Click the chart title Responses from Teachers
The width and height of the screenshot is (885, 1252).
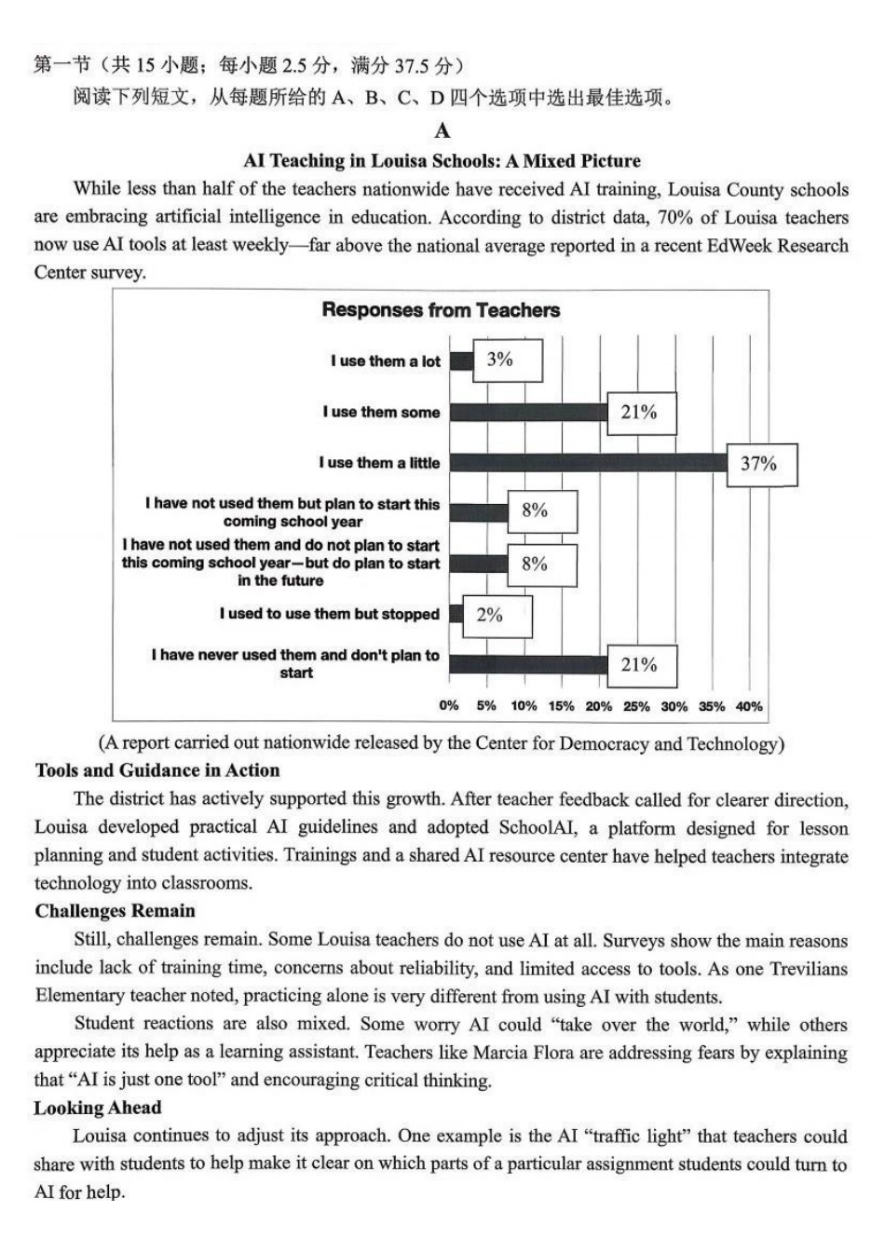click(441, 310)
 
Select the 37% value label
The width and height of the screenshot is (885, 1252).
click(758, 463)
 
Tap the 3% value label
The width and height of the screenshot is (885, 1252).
click(500, 360)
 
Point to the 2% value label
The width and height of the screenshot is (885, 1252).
click(490, 615)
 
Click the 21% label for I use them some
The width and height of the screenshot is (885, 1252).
click(639, 412)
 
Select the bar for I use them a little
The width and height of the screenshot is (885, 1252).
click(588, 463)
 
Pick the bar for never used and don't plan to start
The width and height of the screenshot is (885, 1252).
click(528, 664)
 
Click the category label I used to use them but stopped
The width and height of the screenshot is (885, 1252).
click(329, 614)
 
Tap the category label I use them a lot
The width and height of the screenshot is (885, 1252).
click(385, 361)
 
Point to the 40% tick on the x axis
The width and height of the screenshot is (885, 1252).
click(749, 706)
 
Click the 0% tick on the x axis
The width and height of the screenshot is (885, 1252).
click(449, 706)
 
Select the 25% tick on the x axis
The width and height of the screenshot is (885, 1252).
click(636, 706)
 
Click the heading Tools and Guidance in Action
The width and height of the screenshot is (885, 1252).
click(157, 770)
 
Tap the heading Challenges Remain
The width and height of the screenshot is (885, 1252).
click(116, 911)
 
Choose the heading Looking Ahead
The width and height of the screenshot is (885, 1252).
click(98, 1108)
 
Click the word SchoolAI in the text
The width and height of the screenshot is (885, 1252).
click(538, 827)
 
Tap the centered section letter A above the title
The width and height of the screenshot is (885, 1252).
click(442, 130)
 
